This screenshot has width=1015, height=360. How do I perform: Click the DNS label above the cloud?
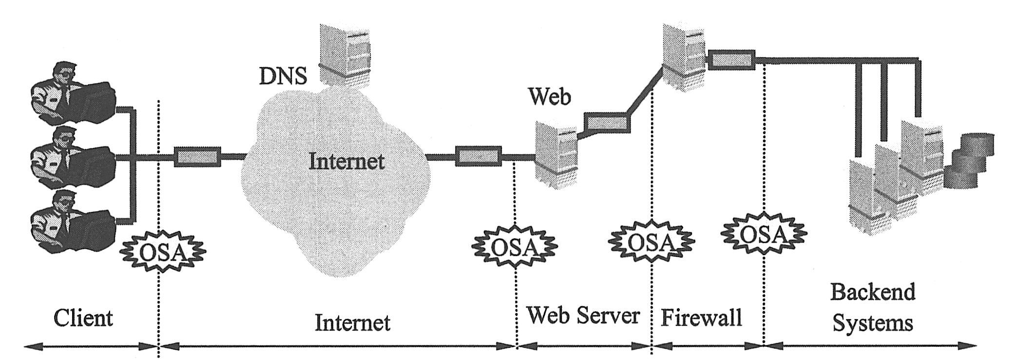(x=283, y=76)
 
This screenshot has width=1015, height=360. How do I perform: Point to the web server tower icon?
(x=556, y=155)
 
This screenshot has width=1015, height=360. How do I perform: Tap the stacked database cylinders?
(x=967, y=162)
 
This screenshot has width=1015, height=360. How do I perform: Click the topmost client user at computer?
(x=73, y=93)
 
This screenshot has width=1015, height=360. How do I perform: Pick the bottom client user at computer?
(x=73, y=222)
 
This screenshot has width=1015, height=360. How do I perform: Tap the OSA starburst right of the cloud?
(x=515, y=246)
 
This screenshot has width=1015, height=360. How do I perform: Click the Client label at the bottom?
(x=83, y=319)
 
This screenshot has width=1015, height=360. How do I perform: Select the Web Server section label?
(x=583, y=316)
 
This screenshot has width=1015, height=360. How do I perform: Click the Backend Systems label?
(x=872, y=307)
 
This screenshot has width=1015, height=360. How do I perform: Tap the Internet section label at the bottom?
(x=352, y=322)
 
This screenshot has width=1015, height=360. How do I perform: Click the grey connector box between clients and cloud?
(x=197, y=156)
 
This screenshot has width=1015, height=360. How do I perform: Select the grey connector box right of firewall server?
(x=731, y=60)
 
